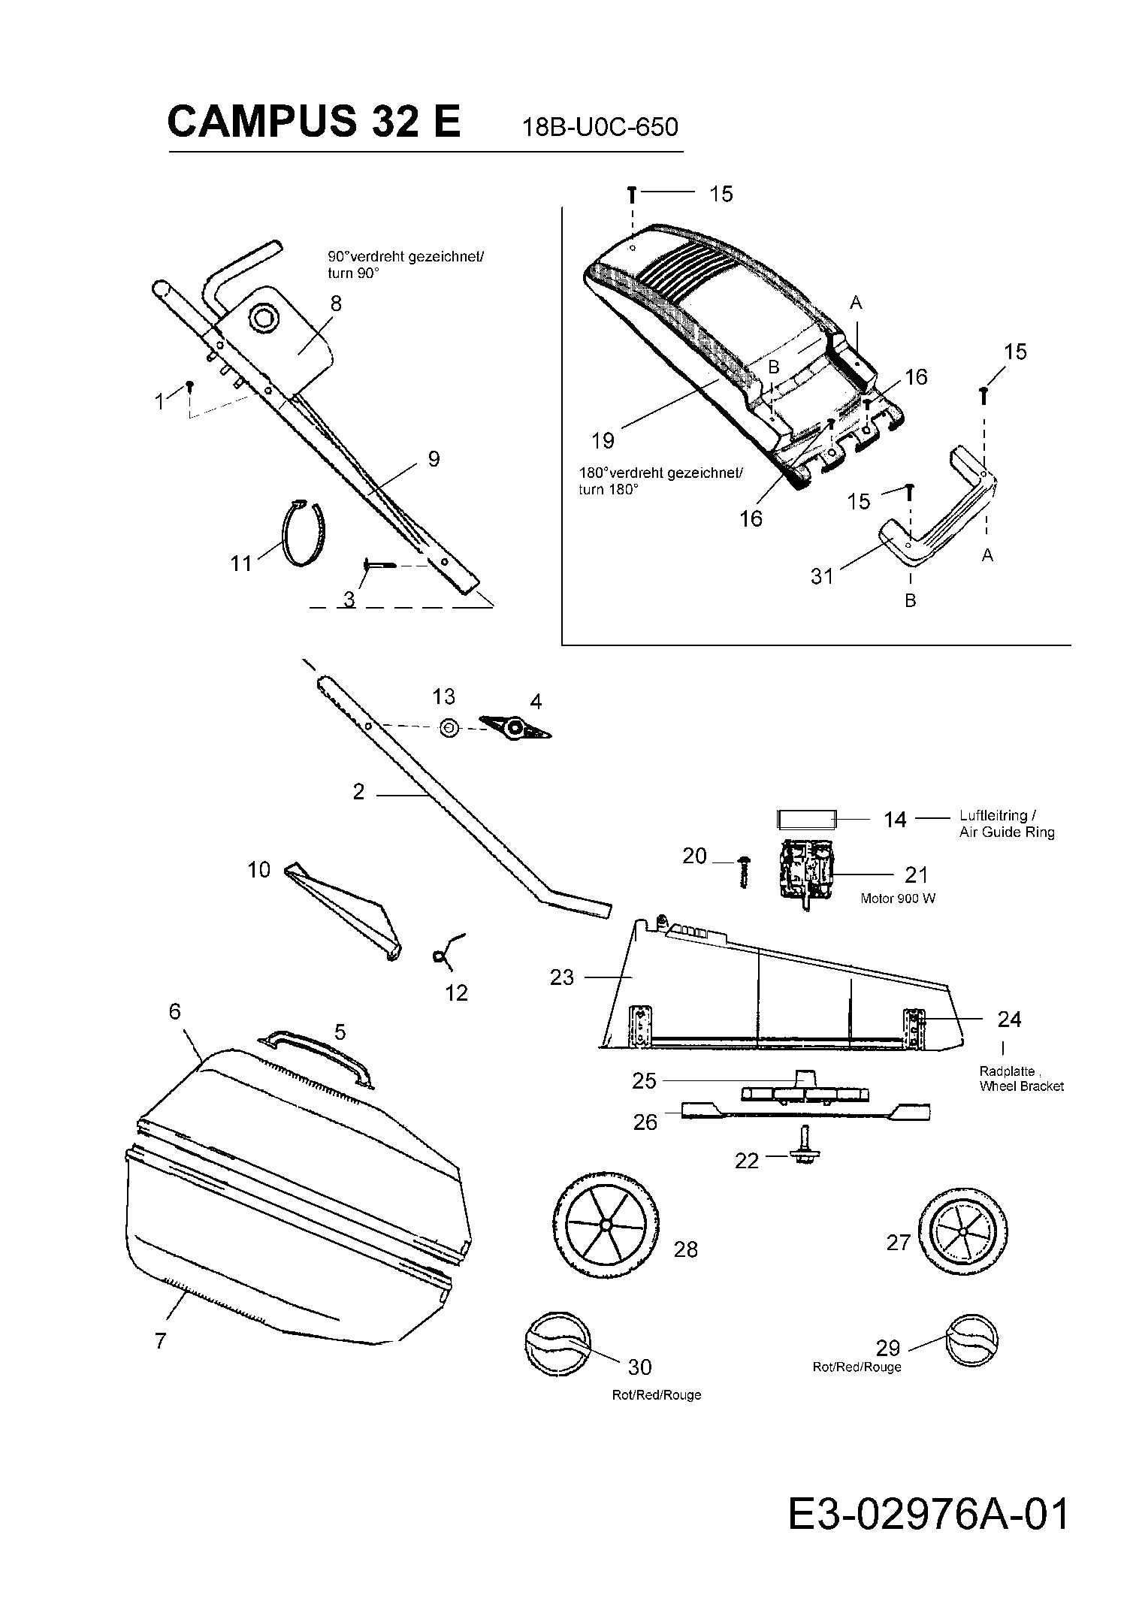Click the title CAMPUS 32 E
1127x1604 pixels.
click(x=313, y=122)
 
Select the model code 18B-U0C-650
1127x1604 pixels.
click(x=600, y=127)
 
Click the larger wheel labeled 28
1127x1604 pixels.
click(x=605, y=1224)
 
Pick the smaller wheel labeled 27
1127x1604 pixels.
click(x=962, y=1232)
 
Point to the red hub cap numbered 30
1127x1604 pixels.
click(x=556, y=1344)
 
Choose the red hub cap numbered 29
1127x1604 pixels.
click(x=971, y=1340)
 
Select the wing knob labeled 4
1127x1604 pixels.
click(x=515, y=727)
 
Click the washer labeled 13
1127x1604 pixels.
click(x=449, y=728)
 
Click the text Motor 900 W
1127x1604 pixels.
click(x=898, y=899)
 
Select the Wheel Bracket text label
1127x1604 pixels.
click(x=1021, y=1086)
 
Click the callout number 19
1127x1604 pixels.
click(x=603, y=440)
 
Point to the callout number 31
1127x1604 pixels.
click(x=822, y=576)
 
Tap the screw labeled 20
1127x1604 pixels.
click(x=744, y=871)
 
